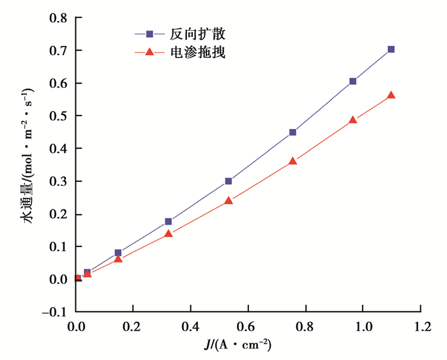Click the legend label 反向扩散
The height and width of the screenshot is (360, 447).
pyautogui.click(x=198, y=33)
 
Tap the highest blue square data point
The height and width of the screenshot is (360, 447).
pyautogui.click(x=391, y=49)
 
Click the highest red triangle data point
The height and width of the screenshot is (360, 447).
pyautogui.click(x=391, y=95)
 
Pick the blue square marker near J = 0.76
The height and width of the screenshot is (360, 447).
pyautogui.click(x=292, y=132)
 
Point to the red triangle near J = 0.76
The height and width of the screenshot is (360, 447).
pyautogui.click(x=292, y=161)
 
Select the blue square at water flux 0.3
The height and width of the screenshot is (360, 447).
pyautogui.click(x=228, y=181)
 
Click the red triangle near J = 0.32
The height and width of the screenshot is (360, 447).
pyautogui.click(x=169, y=234)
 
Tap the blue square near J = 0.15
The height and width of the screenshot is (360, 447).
pyautogui.click(x=118, y=253)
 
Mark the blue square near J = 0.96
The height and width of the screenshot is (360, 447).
pyautogui.click(x=352, y=81)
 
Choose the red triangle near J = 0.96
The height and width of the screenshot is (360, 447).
pyautogui.click(x=352, y=120)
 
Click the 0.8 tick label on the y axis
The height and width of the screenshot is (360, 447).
pyautogui.click(x=59, y=18)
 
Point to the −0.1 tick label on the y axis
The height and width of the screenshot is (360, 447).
pyautogui.click(x=55, y=312)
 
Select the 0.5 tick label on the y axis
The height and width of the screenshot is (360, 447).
pyautogui.click(x=59, y=116)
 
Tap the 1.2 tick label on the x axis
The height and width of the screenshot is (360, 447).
pyautogui.click(x=420, y=326)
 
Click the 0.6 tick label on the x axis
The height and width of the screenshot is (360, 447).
pyautogui.click(x=248, y=326)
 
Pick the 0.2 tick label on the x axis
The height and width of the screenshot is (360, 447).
pyautogui.click(x=133, y=326)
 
